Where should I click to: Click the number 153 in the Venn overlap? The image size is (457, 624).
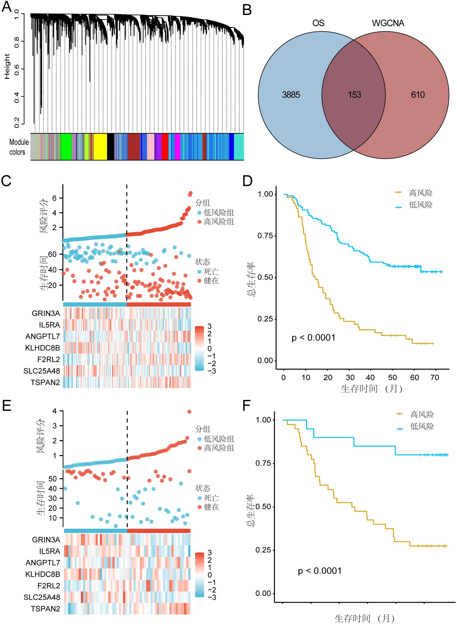point(354,95)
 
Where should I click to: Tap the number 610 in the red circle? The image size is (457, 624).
point(417,95)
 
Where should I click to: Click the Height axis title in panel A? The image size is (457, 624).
point(7,67)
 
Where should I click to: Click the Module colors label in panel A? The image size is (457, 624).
point(19,147)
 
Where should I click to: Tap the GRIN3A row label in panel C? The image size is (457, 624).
point(46,313)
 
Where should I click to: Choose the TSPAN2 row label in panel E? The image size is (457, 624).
point(45,609)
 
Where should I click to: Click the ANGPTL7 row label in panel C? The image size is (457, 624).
point(43,336)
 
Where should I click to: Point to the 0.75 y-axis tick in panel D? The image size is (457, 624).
point(265,236)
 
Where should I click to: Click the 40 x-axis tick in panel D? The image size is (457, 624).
point(370,378)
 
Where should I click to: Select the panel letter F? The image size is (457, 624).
point(247,406)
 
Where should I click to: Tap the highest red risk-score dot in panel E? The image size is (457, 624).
point(189,412)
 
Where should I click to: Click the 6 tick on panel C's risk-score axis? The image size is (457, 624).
point(54,198)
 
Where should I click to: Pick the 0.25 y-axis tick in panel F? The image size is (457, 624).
point(263,550)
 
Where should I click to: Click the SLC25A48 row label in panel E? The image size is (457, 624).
point(42,597)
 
